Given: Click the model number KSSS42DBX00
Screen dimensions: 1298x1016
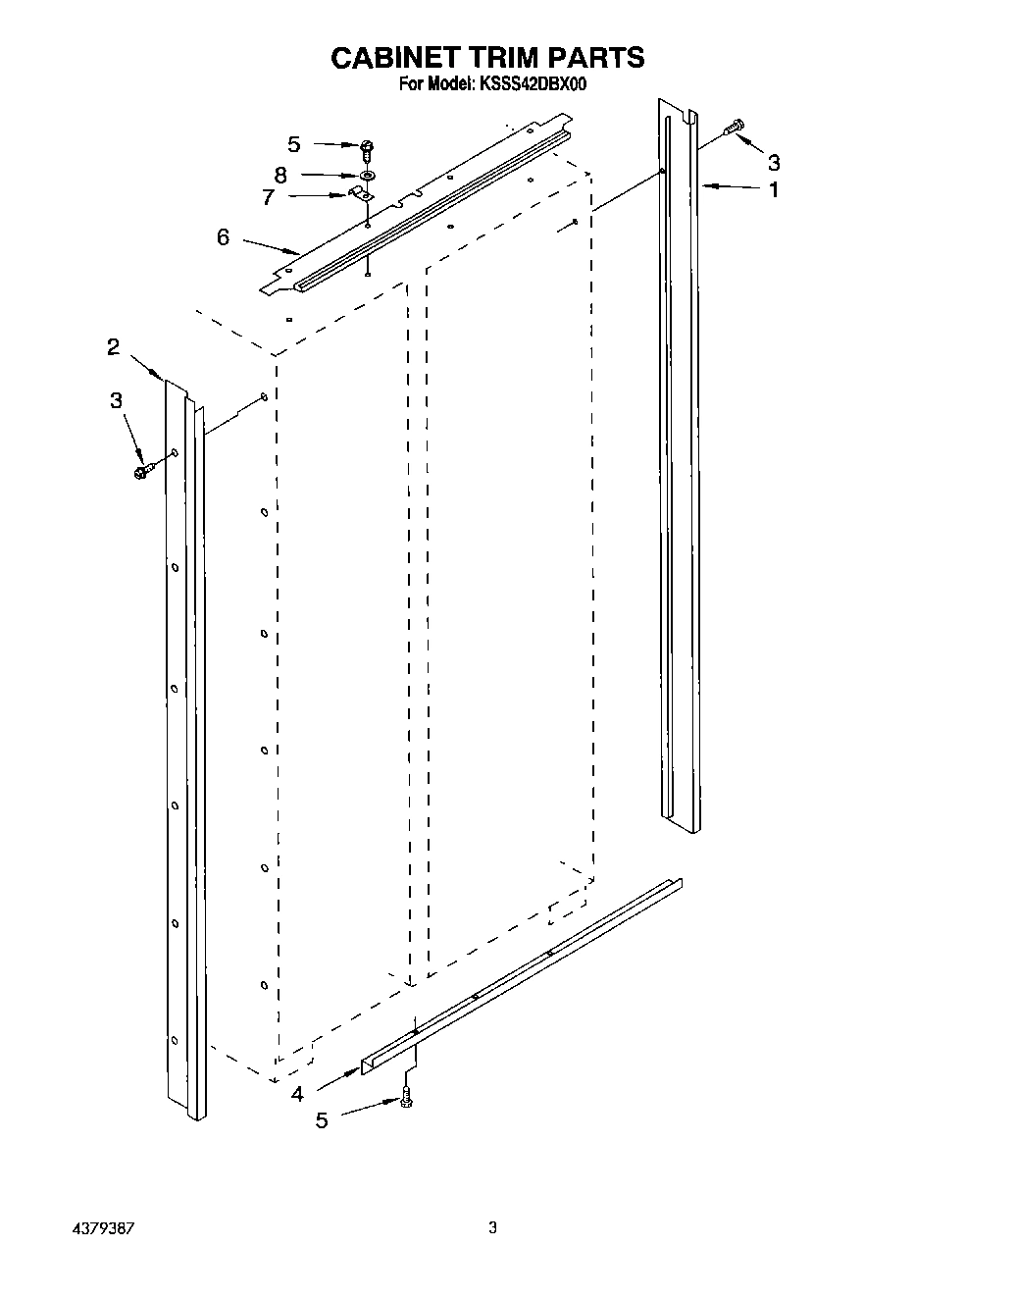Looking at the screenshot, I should [533, 85].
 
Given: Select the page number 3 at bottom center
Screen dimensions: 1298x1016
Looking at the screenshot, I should [494, 1226].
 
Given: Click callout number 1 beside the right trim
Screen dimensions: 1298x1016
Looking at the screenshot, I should [774, 189].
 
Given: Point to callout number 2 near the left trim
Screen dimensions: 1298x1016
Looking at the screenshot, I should [114, 346].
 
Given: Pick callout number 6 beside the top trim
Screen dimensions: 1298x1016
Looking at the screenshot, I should [224, 236].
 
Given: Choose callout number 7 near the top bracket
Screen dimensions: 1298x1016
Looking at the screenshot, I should [268, 198].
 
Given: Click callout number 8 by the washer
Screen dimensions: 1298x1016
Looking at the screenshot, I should [280, 176].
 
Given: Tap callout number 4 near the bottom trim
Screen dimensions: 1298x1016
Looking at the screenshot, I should [298, 1094].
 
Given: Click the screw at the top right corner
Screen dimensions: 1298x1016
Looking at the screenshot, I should [734, 128].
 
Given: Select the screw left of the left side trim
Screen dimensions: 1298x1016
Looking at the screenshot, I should [142, 472].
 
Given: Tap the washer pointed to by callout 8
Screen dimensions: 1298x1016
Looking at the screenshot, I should [368, 175].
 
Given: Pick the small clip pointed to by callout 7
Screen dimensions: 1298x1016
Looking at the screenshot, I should [361, 193].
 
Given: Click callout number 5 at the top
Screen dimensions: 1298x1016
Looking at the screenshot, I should [293, 144].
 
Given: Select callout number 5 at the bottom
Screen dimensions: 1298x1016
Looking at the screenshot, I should [322, 1120].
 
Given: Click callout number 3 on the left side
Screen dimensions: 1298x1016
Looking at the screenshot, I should [117, 400].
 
